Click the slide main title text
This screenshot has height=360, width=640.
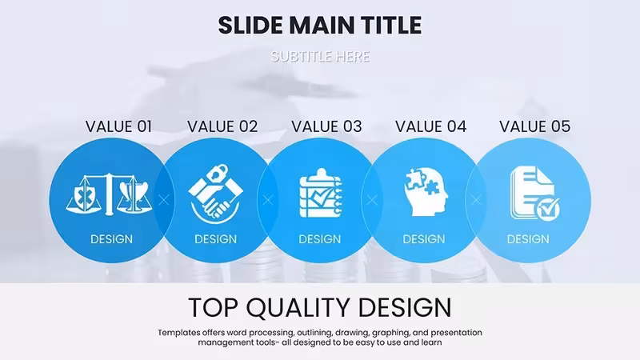319,26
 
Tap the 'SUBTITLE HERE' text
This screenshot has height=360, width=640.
321,56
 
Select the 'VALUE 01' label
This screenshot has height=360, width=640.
118,126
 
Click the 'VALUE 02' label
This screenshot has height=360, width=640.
222,126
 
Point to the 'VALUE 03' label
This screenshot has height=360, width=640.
326,126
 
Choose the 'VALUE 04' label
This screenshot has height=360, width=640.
430,126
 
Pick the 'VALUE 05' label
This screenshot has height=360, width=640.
534,126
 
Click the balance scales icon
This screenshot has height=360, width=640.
109,194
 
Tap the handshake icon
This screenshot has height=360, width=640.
215,194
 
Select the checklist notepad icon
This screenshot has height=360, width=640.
321,193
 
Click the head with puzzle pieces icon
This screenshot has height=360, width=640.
426,192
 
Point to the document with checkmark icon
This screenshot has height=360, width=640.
534,193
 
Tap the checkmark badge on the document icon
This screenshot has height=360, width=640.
547,209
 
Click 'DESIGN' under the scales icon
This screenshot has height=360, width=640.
111,239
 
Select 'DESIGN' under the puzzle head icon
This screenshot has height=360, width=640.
424,239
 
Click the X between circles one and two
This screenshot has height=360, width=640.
164,200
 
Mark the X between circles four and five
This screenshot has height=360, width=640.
476,200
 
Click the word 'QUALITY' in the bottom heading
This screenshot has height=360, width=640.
298,308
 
